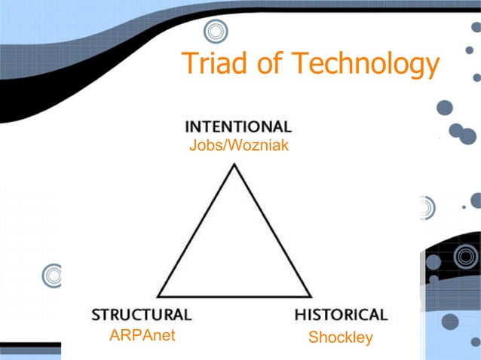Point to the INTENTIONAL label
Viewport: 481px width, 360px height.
238,127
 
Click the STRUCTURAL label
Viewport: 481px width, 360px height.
142,314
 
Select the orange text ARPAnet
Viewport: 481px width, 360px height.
142,336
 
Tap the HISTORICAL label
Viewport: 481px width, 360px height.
341,314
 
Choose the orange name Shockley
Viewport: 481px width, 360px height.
341,337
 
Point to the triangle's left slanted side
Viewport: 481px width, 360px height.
196,230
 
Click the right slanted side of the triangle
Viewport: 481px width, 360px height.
272,230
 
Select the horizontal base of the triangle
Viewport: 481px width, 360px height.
234,296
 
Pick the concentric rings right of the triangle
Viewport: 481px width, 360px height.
424,207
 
